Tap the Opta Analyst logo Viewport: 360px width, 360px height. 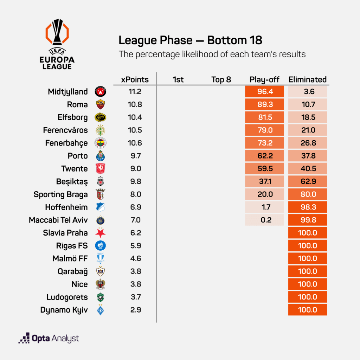tap(49, 339)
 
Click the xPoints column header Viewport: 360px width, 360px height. tap(135, 79)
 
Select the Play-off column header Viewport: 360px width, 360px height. tap(264, 79)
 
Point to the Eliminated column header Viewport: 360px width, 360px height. tap(308, 79)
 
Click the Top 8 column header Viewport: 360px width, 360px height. tap(221, 79)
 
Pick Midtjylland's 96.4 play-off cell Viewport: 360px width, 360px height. tap(264, 92)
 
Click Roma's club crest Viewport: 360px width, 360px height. tap(101, 105)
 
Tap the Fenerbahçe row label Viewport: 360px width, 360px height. tap(66, 143)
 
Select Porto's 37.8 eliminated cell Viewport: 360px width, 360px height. tap(308, 156)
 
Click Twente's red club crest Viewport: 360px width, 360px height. tap(101, 169)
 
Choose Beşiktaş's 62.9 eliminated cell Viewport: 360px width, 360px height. tap(308, 181)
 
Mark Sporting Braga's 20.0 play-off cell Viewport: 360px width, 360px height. tap(264, 194)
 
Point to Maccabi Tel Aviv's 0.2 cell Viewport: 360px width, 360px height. tap(264, 220)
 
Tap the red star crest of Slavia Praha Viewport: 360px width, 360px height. tap(101, 233)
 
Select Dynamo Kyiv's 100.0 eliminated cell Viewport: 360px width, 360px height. tap(308, 310)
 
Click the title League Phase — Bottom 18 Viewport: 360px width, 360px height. tap(190, 40)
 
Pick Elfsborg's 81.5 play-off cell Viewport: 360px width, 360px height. tap(264, 117)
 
